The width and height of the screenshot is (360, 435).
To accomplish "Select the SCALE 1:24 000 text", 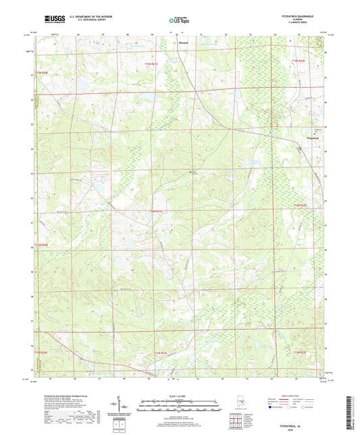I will coord(179,396).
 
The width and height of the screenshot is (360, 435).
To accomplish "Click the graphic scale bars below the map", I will coord(179,405).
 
